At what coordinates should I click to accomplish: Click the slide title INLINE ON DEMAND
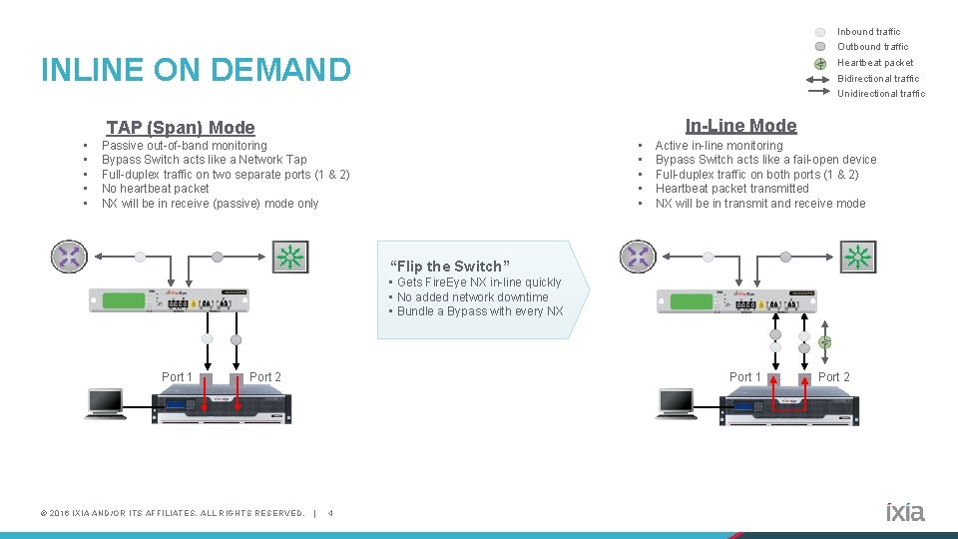tap(196, 70)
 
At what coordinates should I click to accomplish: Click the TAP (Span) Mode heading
tap(181, 128)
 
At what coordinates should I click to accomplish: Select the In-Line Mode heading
tap(740, 126)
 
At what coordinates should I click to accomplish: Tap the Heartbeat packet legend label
tap(874, 63)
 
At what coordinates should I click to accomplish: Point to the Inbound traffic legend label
tap(868, 32)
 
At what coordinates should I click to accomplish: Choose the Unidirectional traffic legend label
tap(880, 94)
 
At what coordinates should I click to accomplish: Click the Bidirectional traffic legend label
tap(878, 79)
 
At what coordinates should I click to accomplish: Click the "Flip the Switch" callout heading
tap(450, 267)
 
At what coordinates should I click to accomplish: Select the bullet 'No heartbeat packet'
tap(156, 189)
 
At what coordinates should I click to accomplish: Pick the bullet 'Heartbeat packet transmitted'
tap(731, 189)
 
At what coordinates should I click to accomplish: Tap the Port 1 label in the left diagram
tap(177, 377)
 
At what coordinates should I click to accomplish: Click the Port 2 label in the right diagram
tap(834, 377)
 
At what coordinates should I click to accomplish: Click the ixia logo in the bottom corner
tap(905, 512)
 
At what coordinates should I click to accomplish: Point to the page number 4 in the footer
tap(331, 514)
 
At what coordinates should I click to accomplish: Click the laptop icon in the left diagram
tap(105, 401)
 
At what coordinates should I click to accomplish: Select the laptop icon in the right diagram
tap(676, 402)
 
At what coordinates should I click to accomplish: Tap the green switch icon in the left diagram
tap(289, 257)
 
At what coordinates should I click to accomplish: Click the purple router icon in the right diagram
tap(636, 257)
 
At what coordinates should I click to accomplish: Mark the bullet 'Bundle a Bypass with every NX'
tap(480, 311)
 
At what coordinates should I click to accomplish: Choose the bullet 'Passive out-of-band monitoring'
tap(185, 146)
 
